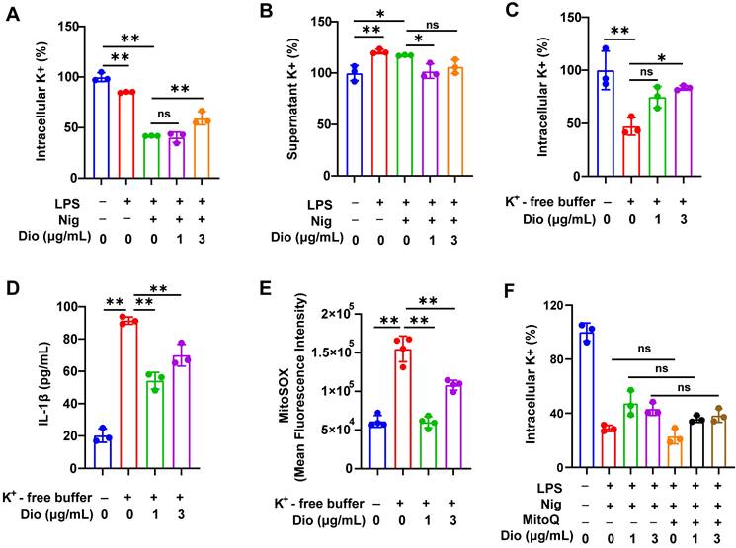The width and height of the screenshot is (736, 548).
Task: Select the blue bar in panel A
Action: [x=99, y=127]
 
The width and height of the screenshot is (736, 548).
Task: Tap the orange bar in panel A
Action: [x=202, y=147]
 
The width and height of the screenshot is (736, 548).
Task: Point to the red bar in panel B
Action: [x=378, y=113]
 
